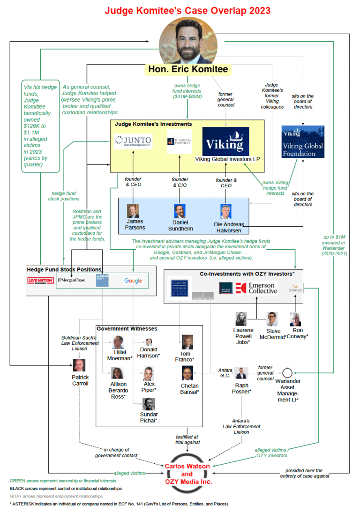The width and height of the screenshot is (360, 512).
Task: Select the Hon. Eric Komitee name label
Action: [188, 69]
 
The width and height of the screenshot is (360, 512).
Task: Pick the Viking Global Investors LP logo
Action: [225, 141]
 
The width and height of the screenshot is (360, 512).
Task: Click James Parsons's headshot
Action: [133, 211]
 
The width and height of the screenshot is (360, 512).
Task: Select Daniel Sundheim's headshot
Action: [180, 211]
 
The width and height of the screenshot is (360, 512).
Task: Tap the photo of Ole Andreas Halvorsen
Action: [226, 211]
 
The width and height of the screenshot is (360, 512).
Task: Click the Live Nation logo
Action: [41, 281]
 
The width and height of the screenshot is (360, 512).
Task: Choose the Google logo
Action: [133, 281]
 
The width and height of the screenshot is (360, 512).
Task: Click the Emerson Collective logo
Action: [256, 288]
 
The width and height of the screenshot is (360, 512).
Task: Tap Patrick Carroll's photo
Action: [79, 365]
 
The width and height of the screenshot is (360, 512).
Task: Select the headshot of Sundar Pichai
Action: [149, 404]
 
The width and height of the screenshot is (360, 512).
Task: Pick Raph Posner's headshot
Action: [241, 373]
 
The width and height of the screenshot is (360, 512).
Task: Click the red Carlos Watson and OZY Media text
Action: [187, 474]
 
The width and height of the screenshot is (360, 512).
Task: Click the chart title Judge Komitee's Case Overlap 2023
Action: [187, 10]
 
